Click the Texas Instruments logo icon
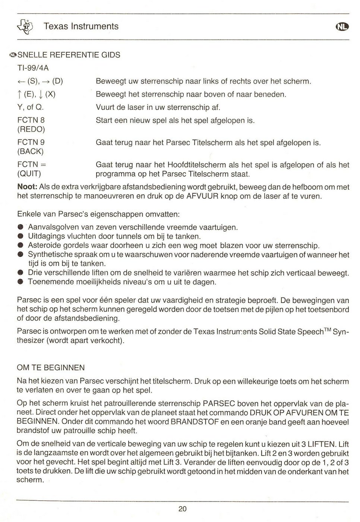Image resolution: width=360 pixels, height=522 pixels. tap(28, 26)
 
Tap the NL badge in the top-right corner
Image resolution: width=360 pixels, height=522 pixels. tap(342, 26)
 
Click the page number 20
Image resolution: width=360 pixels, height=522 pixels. tap(182, 509)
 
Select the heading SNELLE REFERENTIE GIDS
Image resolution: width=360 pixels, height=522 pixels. tap(69, 55)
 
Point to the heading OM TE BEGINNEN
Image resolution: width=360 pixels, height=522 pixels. tap(51, 368)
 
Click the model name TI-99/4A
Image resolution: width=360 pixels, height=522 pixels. tap(33, 68)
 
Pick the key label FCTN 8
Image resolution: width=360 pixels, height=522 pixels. tap(31, 120)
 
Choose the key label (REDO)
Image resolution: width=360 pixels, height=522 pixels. tap(31, 129)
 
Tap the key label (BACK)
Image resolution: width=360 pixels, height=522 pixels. tap(31, 151)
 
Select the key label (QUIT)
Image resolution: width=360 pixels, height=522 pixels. tap(29, 174)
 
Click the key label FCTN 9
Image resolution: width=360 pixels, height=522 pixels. tap(31, 142)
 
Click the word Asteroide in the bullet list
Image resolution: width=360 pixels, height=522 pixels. tap(44, 246)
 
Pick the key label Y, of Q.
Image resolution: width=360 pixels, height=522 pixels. tap(31, 107)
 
